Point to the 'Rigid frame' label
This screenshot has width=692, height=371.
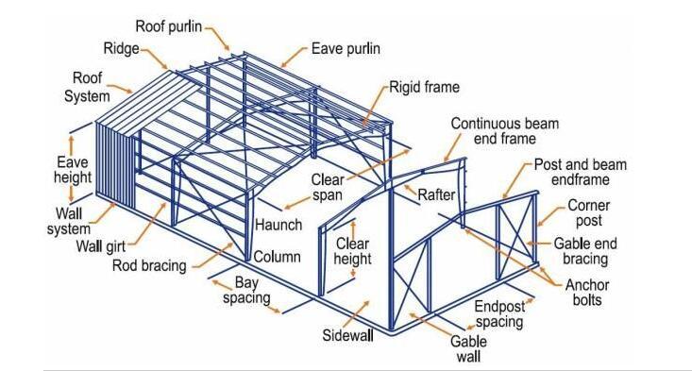[x=425, y=88]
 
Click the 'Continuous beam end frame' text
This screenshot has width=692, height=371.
[x=504, y=131]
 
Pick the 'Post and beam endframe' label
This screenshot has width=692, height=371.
[x=580, y=172]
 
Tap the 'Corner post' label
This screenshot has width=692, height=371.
[x=587, y=213]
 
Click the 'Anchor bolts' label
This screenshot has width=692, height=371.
[x=586, y=293]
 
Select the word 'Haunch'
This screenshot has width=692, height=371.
[x=278, y=225]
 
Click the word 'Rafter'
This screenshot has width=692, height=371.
[x=436, y=195]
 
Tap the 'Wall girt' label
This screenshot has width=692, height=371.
[x=101, y=247]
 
